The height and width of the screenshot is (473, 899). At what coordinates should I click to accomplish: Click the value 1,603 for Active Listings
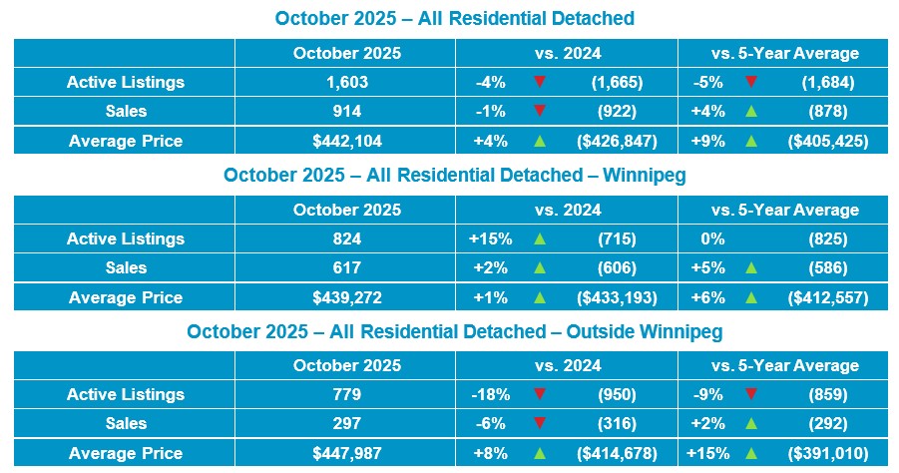tap(347, 83)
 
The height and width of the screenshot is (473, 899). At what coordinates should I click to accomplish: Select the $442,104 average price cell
tap(347, 141)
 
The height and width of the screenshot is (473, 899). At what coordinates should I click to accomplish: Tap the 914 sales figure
tap(347, 112)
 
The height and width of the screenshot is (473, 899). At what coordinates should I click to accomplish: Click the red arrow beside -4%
tap(540, 83)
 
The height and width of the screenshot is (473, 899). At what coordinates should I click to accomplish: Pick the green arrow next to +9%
tap(751, 141)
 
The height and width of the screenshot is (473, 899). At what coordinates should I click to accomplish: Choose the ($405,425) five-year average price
tap(827, 141)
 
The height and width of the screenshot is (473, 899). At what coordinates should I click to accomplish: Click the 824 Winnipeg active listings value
tap(347, 239)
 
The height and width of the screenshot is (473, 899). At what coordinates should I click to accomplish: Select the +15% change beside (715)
tap(490, 239)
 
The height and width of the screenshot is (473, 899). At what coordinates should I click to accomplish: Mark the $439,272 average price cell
tap(347, 297)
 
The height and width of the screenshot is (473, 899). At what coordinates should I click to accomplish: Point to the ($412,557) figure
tap(827, 297)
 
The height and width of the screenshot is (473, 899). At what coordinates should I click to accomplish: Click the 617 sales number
tap(347, 268)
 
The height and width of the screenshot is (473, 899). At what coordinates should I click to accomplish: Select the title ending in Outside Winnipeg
tap(453, 331)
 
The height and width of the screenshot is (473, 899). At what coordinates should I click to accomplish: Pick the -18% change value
tap(490, 395)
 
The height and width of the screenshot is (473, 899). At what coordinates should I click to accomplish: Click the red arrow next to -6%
tap(540, 424)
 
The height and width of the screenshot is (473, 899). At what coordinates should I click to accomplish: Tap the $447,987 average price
tap(347, 454)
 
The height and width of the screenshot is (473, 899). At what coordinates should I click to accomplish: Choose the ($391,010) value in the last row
tap(827, 454)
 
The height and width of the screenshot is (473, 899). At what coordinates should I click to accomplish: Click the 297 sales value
tap(347, 424)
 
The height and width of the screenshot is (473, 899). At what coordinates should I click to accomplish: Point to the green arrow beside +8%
tap(540, 454)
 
